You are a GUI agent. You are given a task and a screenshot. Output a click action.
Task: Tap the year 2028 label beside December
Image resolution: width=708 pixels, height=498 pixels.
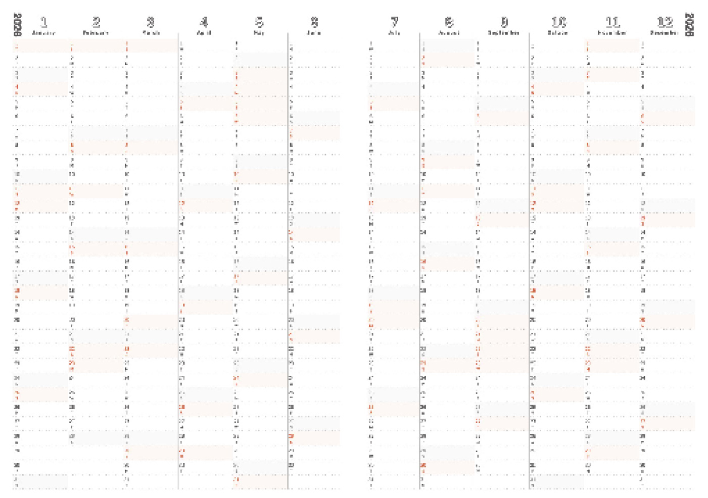[x=689, y=25]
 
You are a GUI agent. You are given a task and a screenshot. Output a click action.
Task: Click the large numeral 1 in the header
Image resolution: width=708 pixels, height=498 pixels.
[x=44, y=22]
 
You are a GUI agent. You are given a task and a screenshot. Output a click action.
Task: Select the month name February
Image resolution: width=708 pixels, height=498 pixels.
[x=96, y=33]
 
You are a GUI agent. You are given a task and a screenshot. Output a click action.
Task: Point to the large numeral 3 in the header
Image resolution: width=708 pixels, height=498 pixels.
[x=151, y=22]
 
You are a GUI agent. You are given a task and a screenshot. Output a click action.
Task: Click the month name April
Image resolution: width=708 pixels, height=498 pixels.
[x=204, y=33]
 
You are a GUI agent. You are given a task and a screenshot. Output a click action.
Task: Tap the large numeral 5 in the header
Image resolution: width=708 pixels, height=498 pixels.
[x=259, y=22]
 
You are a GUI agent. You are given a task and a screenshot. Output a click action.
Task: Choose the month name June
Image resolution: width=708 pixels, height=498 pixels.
[x=314, y=33]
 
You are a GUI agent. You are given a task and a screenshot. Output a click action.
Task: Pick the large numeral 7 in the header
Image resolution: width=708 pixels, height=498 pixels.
[x=395, y=22]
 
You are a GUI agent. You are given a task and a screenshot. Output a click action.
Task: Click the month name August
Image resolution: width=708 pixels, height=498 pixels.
[x=449, y=33]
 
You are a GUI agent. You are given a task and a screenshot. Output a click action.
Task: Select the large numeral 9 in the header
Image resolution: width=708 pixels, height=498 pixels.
[x=504, y=22]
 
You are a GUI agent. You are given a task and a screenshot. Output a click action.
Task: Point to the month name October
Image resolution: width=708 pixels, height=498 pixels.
[x=558, y=33]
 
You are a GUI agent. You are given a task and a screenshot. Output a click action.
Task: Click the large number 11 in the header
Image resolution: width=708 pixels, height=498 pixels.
[x=612, y=22]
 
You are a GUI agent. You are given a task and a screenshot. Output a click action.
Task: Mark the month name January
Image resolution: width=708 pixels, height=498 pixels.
[x=43, y=33]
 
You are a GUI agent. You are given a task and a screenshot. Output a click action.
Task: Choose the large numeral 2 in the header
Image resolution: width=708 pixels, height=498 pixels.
[x=96, y=22]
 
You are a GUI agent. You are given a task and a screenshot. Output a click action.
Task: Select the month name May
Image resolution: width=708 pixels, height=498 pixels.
[x=259, y=33]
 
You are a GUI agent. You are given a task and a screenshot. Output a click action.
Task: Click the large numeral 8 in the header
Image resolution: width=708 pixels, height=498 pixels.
[x=449, y=22]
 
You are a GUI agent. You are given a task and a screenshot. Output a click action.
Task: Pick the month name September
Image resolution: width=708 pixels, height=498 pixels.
[x=504, y=33]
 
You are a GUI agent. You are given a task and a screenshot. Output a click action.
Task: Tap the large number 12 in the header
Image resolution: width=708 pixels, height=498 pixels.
[x=665, y=22]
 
